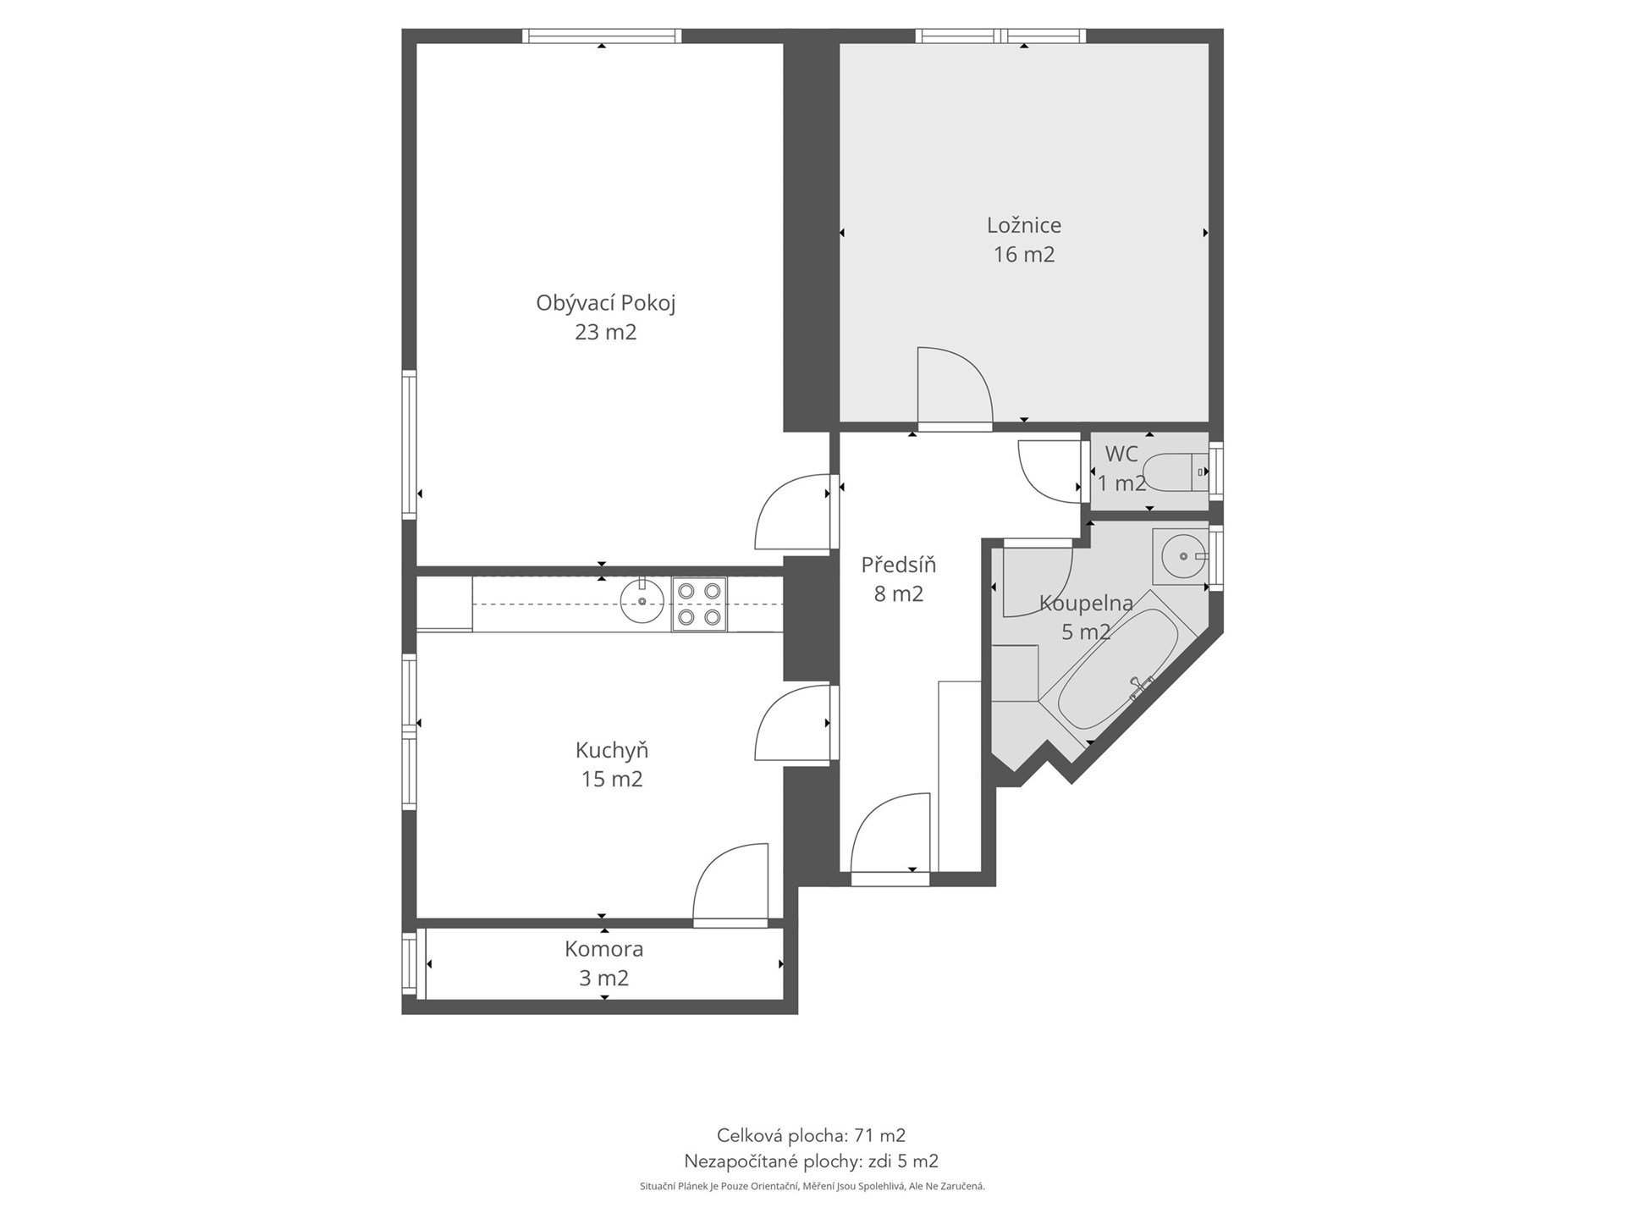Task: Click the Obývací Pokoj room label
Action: (606, 303)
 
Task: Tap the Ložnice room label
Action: (1024, 225)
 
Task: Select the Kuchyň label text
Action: (612, 750)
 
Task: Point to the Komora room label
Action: (604, 949)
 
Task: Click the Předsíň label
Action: (899, 565)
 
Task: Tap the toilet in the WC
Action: (1176, 472)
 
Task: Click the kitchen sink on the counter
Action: (642, 600)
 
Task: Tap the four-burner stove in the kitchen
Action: (700, 604)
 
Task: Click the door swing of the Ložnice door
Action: (955, 386)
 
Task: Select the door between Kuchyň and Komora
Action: (730, 883)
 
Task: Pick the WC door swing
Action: (1050, 472)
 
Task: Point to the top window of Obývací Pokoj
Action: (602, 36)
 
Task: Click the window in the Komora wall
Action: (410, 965)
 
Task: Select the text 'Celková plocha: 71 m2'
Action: (811, 1135)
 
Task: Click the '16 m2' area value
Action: (1024, 255)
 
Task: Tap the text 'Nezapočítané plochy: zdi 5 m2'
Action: (811, 1161)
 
